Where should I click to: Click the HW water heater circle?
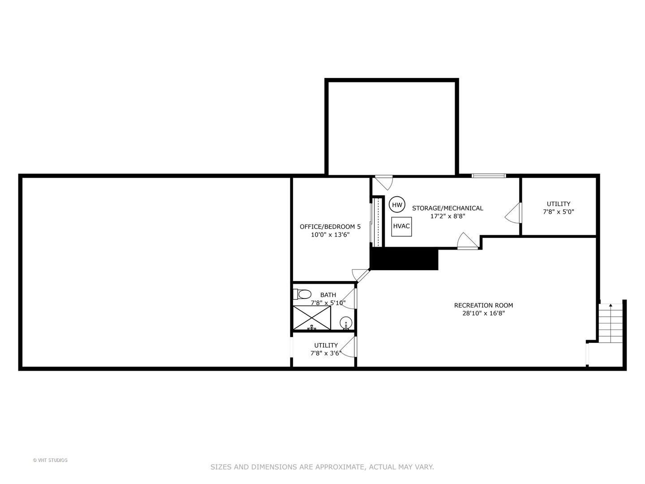pos(397,205)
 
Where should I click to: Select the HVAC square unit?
pos(401,226)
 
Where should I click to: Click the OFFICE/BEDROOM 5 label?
pos(330,227)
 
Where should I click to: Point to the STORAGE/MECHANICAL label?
pos(447,208)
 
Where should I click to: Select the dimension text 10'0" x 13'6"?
pos(330,235)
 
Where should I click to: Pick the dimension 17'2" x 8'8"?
pos(447,216)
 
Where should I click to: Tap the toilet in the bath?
pos(302,294)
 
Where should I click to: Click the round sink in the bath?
pos(346,323)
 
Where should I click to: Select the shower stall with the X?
pos(312,318)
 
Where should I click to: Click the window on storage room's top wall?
pos(489,176)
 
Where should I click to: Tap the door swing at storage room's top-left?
pos(384,182)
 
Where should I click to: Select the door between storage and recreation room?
pos(468,241)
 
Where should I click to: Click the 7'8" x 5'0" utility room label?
pos(558,208)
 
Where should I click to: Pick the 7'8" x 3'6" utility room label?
pos(326,349)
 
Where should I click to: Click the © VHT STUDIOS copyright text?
pos(50,460)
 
